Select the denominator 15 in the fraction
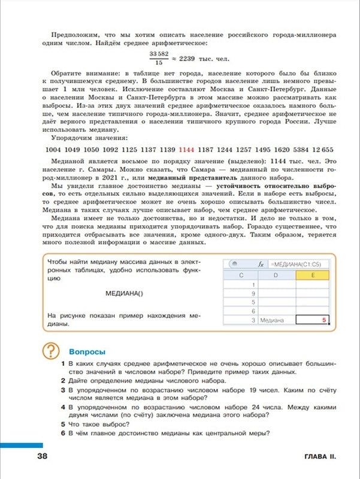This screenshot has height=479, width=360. click(x=159, y=62)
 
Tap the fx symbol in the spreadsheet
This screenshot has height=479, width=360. click(x=261, y=263)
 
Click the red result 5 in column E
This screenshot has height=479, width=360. click(x=323, y=320)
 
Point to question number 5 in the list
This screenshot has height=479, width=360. click(x=63, y=423)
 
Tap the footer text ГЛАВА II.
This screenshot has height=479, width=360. click(x=317, y=457)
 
